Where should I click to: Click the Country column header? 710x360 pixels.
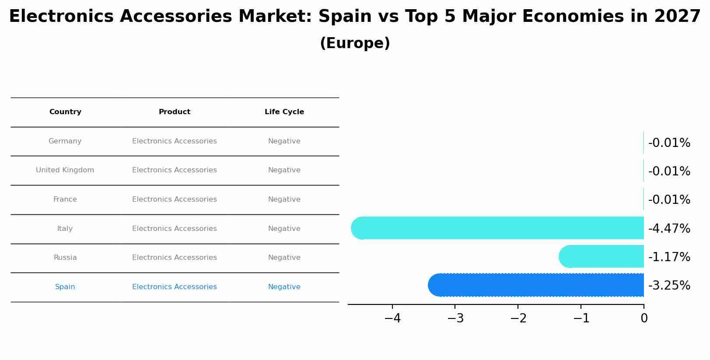tap(65, 112)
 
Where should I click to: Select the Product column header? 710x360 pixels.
tap(174, 112)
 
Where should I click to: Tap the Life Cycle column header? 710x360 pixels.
tap(284, 112)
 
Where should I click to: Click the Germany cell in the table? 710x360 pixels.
tap(65, 141)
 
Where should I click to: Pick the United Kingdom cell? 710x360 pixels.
tap(65, 170)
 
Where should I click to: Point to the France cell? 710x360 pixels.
tap(65, 199)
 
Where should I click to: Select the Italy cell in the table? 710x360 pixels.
tap(65, 229)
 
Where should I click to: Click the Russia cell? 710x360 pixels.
tap(65, 258)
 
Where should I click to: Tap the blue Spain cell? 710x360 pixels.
tap(65, 287)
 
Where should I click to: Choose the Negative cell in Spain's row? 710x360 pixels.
tap(284, 287)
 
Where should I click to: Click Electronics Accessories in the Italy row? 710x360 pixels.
tap(174, 229)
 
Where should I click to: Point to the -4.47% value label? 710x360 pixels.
tap(669, 229)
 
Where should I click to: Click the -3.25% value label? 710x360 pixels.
tap(669, 286)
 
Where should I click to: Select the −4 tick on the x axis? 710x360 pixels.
tap(392, 318)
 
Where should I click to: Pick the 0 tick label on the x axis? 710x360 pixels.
tap(644, 318)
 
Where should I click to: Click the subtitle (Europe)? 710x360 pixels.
tap(355, 44)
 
